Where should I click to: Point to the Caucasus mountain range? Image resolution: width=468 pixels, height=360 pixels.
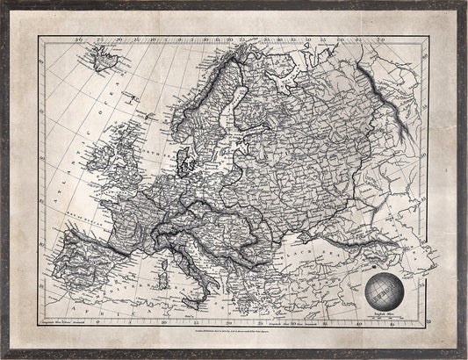coord(386,255)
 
